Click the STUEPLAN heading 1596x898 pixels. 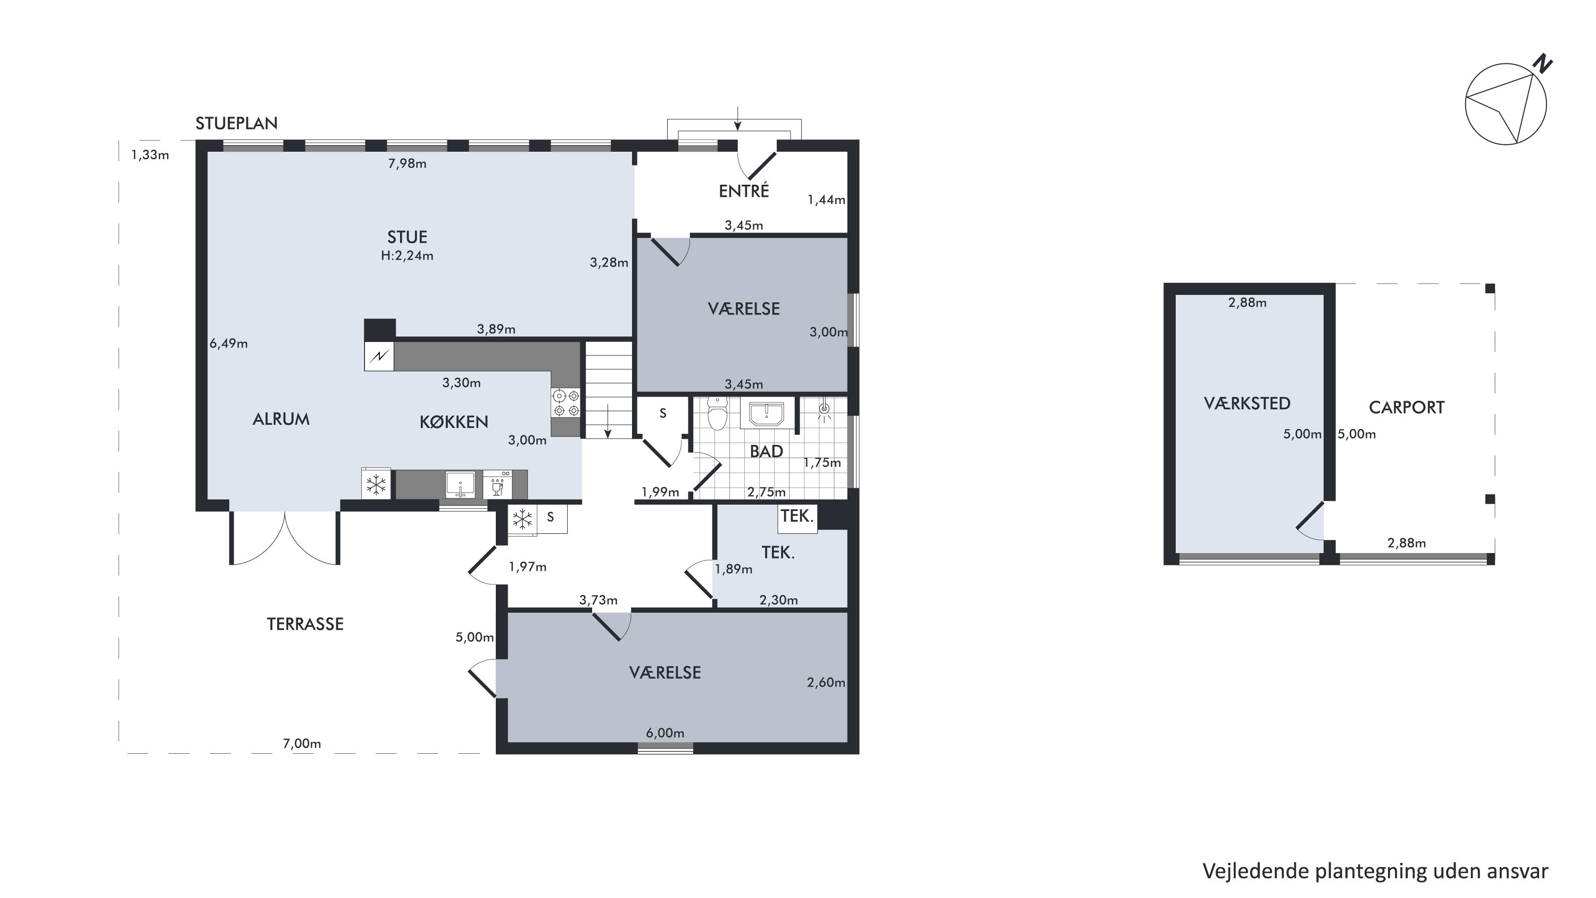(x=236, y=123)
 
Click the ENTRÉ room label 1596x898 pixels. (x=744, y=191)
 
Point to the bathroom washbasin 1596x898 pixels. (x=767, y=414)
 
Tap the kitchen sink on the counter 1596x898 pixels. (x=460, y=484)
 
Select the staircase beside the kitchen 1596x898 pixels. (x=609, y=390)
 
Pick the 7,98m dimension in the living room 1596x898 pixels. (x=407, y=163)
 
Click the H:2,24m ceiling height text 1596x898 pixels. (x=407, y=256)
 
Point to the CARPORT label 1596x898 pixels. (x=1407, y=408)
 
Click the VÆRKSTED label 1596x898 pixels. (x=1247, y=403)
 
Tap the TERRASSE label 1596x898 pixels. (x=305, y=624)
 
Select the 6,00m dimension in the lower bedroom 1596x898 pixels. (x=665, y=733)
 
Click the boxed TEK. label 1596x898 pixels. (x=797, y=516)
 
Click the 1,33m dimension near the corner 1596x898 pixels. (x=150, y=155)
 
